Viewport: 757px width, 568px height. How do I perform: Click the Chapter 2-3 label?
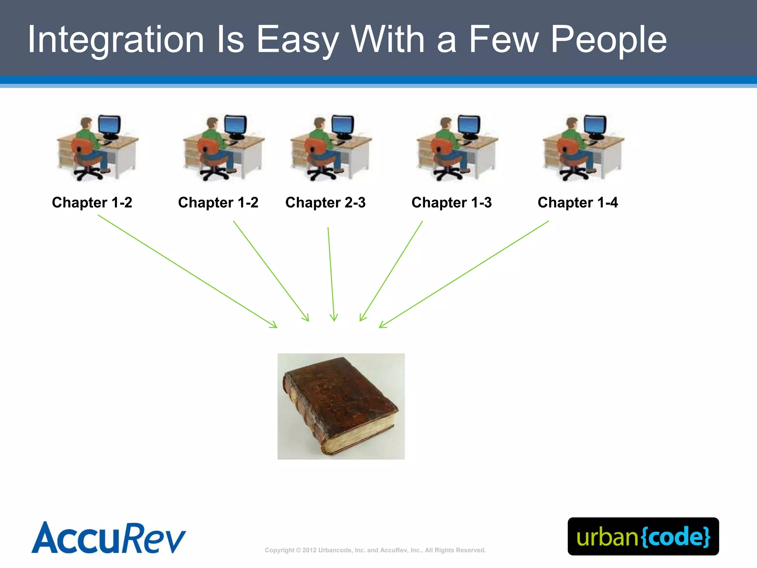click(x=325, y=203)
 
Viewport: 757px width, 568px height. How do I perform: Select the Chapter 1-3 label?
click(x=451, y=203)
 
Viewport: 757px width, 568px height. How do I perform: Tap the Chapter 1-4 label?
click(x=578, y=203)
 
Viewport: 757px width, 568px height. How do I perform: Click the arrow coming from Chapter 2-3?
click(x=331, y=274)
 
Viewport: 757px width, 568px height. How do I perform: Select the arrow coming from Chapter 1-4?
click(x=464, y=274)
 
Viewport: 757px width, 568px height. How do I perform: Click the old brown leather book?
click(x=341, y=406)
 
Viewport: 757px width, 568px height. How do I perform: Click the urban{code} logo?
click(x=643, y=536)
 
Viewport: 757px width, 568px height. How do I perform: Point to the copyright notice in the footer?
click(x=375, y=550)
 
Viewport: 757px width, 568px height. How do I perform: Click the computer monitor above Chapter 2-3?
click(x=343, y=125)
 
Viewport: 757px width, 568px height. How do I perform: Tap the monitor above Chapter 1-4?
click(x=595, y=125)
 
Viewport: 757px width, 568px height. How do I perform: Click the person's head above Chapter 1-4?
click(x=571, y=122)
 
